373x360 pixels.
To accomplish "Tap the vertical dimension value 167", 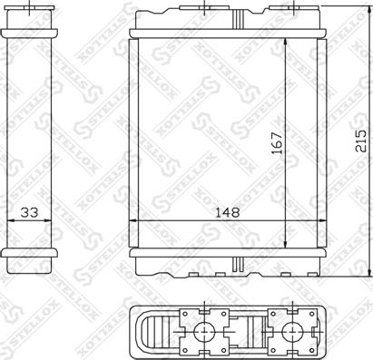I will (276, 143).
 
